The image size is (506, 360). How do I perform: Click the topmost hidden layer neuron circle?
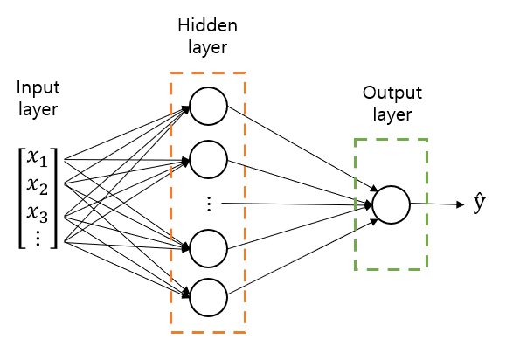tap(209, 107)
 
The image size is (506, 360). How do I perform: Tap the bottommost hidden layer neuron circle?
tap(209, 297)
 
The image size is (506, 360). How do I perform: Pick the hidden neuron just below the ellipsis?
tap(209, 248)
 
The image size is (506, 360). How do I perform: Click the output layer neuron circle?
tap(391, 204)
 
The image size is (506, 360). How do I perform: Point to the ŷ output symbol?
tap(478, 205)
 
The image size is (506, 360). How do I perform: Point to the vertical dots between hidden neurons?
tap(209, 204)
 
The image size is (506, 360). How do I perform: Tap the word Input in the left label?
tap(37, 89)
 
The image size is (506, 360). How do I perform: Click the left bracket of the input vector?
tap(21, 197)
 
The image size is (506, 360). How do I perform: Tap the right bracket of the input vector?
tap(56, 197)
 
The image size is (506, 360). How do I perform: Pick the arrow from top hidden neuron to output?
tap(297, 149)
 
